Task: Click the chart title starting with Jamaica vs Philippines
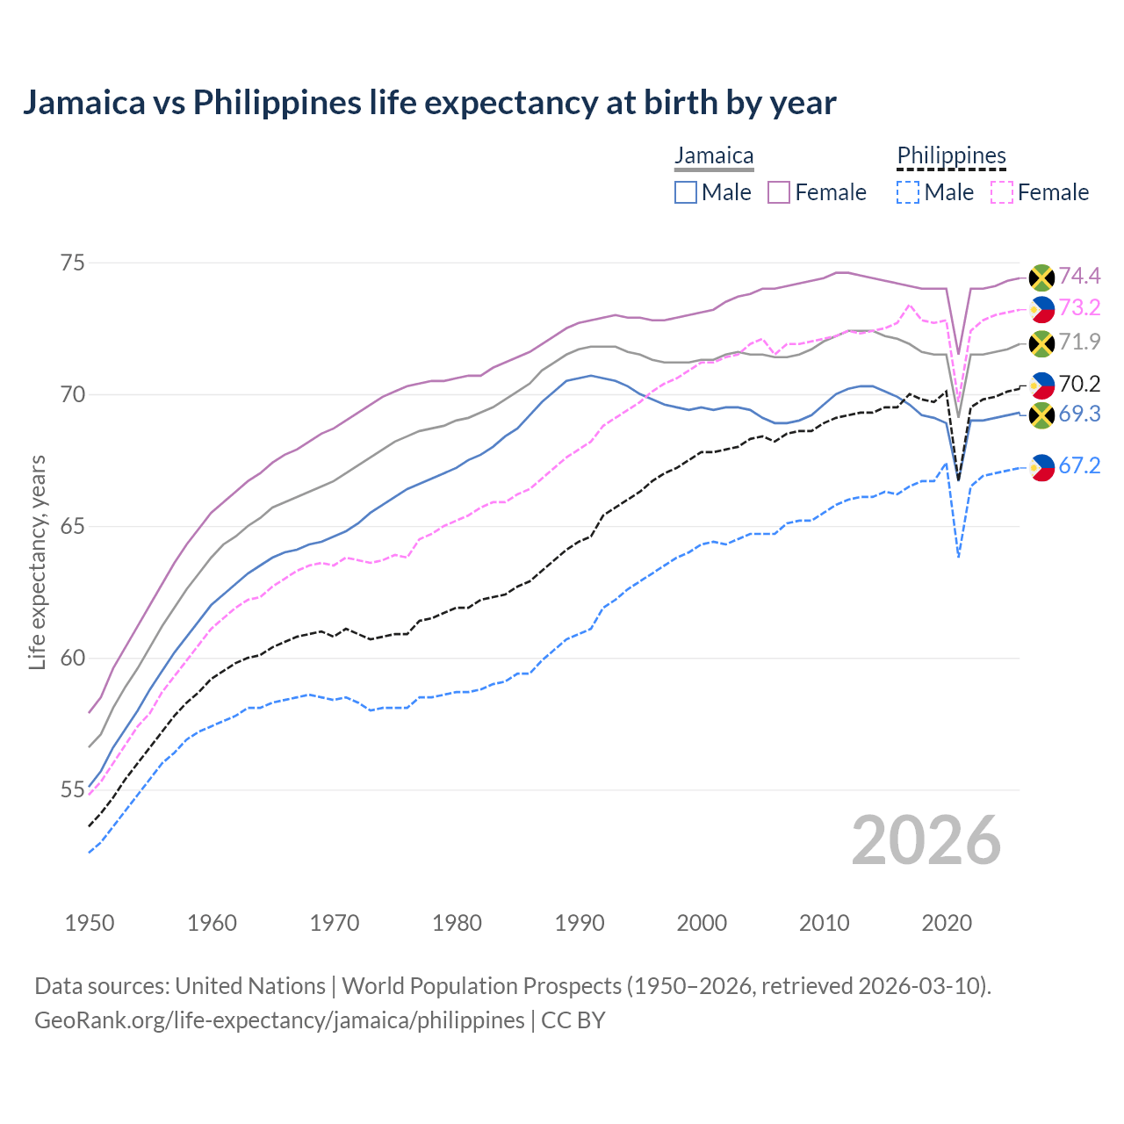429,103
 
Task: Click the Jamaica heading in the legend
714,156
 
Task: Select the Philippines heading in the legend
951,156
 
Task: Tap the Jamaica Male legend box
686,192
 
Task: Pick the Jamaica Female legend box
779,192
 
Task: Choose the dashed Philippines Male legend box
908,192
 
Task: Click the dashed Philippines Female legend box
1001,192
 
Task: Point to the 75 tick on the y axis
73,263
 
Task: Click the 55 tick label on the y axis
73,789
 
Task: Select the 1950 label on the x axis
90,923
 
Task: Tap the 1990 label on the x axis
580,923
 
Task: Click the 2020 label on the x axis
947,923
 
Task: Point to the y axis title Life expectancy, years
37,562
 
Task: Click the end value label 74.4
1079,277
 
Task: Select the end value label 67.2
1079,466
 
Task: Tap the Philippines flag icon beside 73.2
1041,309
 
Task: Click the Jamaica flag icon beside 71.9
1041,343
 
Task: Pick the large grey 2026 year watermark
926,841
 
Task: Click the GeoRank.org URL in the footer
279,1020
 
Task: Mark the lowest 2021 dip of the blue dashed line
959,557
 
